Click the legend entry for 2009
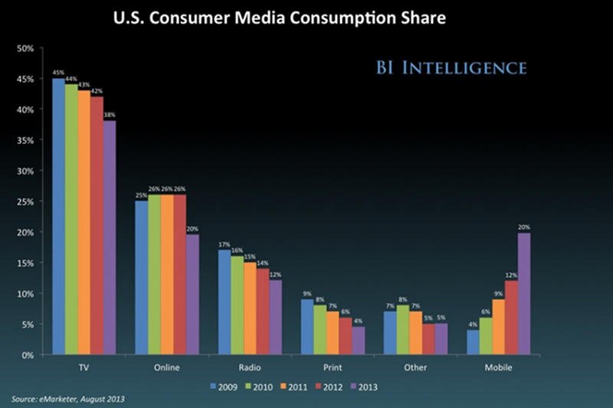(x=222, y=386)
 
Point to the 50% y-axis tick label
(x=25, y=48)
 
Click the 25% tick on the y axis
(x=25, y=201)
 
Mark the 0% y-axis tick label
(x=27, y=355)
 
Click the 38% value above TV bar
(x=110, y=116)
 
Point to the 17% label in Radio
(x=224, y=244)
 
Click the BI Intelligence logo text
(x=451, y=68)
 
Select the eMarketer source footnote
(x=67, y=400)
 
